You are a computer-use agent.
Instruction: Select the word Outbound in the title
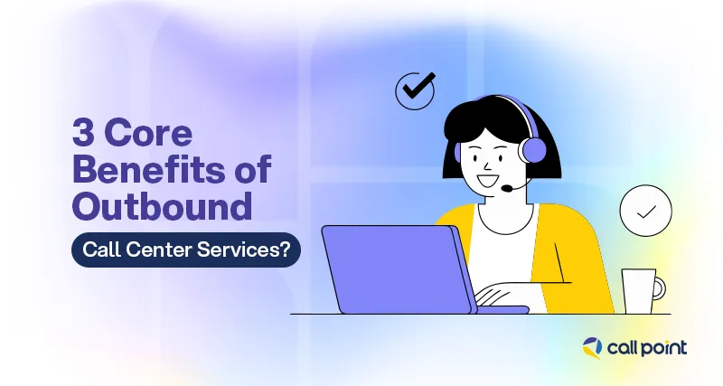click(162, 206)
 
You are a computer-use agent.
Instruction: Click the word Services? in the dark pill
click(254, 249)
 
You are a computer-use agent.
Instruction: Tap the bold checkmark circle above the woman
click(416, 89)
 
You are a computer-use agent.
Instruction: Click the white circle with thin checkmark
click(645, 212)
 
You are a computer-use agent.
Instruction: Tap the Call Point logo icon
click(591, 346)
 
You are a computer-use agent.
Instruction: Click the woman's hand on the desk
click(493, 297)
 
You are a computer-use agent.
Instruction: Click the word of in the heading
click(253, 172)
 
